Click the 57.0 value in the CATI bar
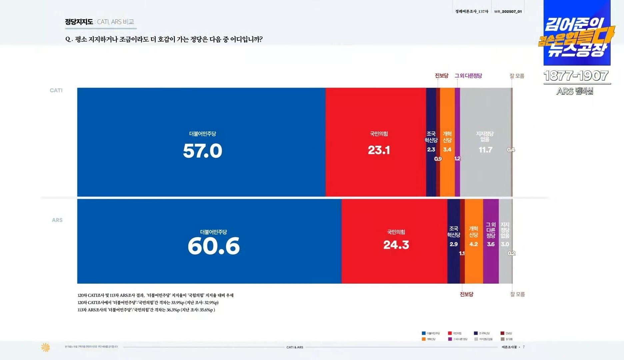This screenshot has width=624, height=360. [x=202, y=151]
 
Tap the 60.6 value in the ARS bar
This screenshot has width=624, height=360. [x=214, y=246]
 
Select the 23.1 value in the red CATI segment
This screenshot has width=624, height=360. [x=379, y=150]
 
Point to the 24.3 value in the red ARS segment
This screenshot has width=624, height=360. [x=396, y=245]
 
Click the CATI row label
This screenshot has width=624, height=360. [x=56, y=90]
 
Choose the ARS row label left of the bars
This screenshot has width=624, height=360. [x=57, y=220]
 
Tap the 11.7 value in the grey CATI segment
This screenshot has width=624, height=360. [x=485, y=150]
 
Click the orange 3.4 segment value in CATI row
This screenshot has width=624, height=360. [x=447, y=149]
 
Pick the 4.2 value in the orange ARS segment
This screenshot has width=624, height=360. [x=473, y=244]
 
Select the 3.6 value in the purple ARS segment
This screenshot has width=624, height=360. [x=491, y=244]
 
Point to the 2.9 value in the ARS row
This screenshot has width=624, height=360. [x=454, y=244]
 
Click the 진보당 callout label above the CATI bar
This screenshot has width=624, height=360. [x=441, y=76]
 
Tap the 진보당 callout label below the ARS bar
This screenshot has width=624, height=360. [x=466, y=294]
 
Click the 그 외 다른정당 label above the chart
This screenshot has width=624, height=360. [x=468, y=76]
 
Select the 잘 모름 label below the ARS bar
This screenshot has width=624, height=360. [x=517, y=294]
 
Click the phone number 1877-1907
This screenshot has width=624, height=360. [x=576, y=76]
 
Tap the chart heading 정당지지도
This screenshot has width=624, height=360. [x=79, y=22]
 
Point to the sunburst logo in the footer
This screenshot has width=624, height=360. [x=45, y=347]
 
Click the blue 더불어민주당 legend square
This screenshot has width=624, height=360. [x=424, y=333]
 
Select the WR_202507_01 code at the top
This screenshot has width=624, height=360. [x=508, y=12]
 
